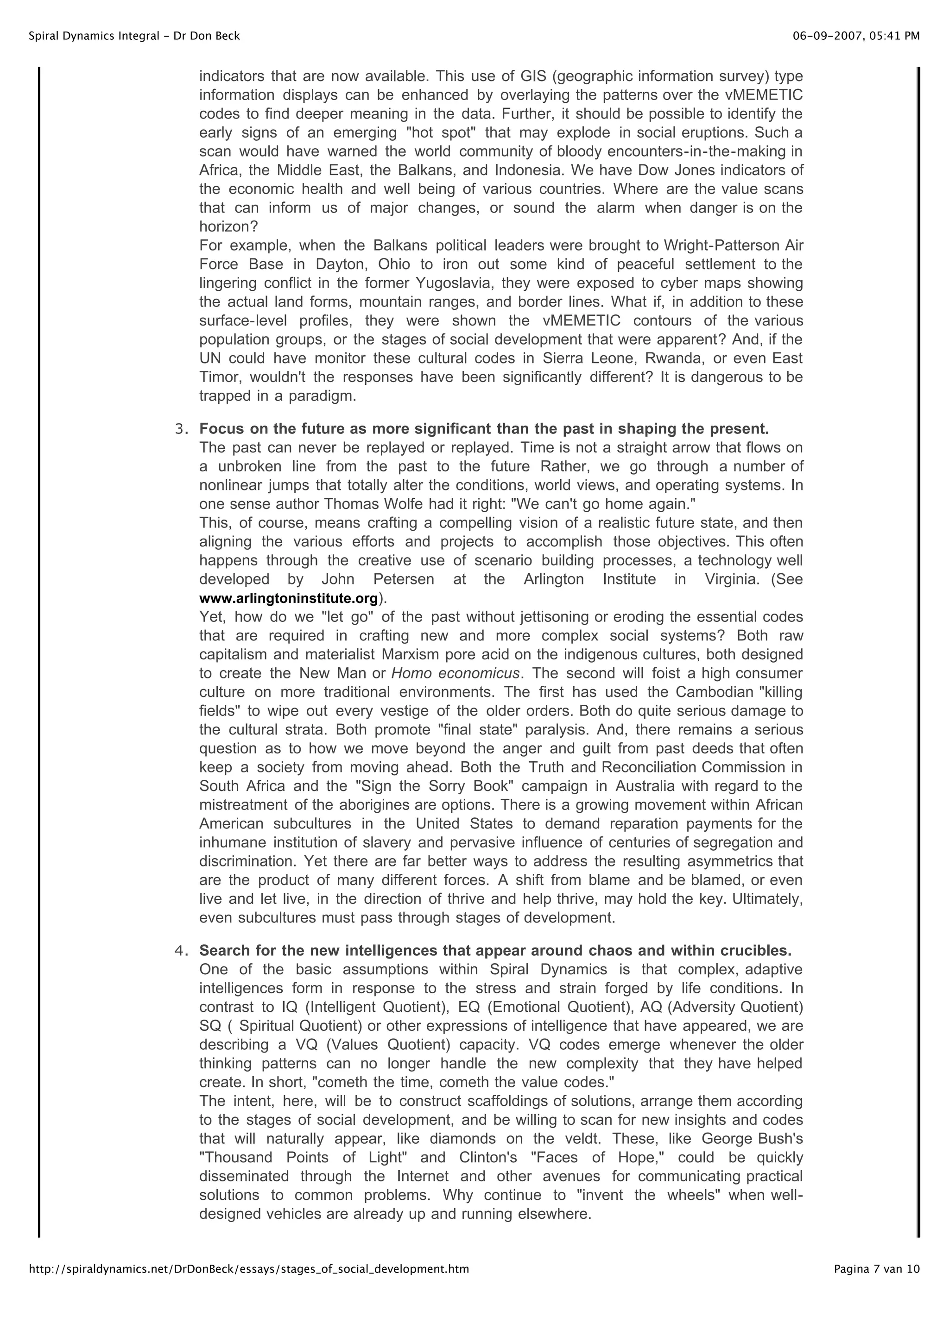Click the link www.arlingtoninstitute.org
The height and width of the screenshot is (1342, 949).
point(288,598)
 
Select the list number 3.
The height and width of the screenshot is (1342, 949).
point(181,429)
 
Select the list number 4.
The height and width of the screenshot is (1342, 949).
point(181,950)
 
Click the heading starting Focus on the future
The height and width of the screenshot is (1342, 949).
point(484,429)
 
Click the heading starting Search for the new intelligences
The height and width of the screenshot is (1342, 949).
point(495,950)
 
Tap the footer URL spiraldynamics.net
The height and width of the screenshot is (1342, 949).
point(248,1269)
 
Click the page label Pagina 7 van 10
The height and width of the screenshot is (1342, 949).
point(877,1269)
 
